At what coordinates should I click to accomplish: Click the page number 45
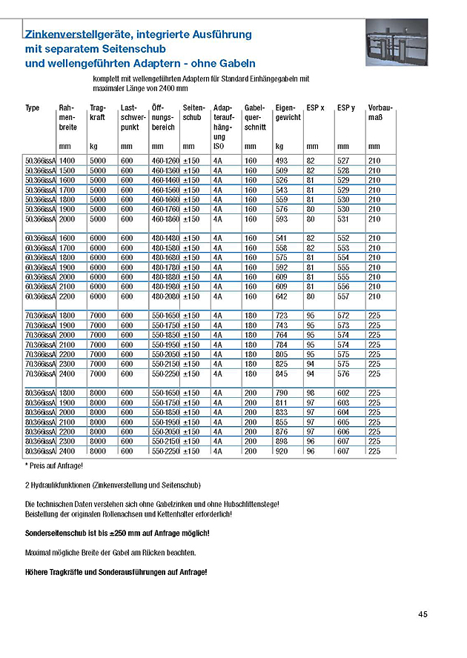click(423, 614)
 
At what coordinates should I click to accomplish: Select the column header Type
click(33, 108)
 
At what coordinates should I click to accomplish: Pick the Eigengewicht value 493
click(282, 161)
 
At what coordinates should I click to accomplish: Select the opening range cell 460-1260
click(165, 161)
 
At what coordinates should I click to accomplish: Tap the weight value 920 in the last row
click(282, 451)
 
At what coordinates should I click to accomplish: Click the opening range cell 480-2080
click(165, 296)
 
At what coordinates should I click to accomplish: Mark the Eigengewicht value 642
click(282, 296)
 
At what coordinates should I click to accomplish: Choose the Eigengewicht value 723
click(282, 316)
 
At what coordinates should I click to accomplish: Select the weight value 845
click(282, 373)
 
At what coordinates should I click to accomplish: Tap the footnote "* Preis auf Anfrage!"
click(54, 465)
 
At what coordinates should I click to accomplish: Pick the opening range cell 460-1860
click(165, 219)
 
